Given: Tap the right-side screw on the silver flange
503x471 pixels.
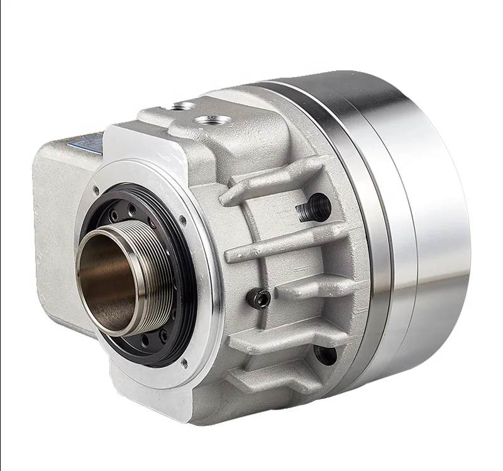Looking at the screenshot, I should point(182,220).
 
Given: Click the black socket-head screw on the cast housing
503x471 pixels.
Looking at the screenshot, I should point(259,299).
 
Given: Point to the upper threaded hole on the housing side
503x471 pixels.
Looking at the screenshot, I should point(314,207).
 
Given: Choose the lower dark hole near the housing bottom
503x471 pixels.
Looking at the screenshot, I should point(325,355).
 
